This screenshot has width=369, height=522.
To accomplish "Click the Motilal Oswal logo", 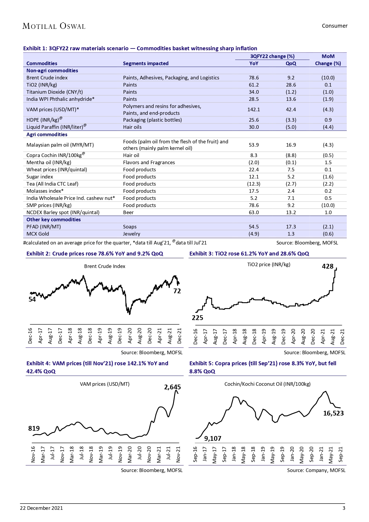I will (54, 26).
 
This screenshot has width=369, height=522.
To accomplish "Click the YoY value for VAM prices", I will (254, 109).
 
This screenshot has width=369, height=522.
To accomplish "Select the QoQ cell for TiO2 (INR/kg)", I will (291, 85).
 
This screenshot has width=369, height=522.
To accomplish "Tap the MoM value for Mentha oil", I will (328, 162).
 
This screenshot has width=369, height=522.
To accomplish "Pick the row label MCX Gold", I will (38, 234).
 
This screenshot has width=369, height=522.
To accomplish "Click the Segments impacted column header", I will (146, 63).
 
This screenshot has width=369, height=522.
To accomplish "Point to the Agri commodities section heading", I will (47, 134).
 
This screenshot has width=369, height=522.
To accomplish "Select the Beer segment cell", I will (128, 212).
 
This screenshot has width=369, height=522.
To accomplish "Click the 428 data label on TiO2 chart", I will (328, 266).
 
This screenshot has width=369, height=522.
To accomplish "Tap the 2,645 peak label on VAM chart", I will (172, 387).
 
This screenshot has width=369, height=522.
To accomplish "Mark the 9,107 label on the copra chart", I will (213, 438).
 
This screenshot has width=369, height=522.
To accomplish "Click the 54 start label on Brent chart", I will (32, 299).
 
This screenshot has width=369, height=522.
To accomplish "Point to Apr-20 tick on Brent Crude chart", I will (130, 336).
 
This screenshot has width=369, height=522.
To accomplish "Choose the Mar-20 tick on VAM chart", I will (130, 454).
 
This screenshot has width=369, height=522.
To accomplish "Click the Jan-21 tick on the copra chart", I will (321, 454).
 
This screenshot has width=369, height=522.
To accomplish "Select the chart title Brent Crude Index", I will (105, 266).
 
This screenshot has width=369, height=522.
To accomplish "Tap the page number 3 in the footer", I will (344, 508).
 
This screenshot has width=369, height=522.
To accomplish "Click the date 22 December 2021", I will (41, 508).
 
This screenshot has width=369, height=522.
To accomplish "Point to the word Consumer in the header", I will (335, 26).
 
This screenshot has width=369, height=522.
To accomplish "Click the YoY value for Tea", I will (254, 184).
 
